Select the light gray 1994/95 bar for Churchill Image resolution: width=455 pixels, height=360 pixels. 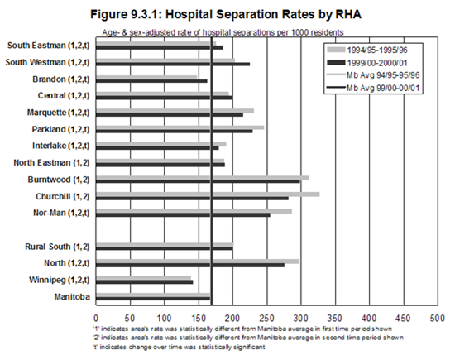208,194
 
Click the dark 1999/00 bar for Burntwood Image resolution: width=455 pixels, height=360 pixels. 198,181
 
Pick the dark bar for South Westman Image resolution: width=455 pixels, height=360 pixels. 173,65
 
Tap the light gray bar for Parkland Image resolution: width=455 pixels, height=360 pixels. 180,127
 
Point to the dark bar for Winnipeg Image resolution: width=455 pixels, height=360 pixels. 145,282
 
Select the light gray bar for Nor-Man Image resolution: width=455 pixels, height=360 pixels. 194,211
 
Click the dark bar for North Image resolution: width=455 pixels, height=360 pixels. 190,265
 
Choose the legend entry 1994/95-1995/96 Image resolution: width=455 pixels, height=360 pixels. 367,50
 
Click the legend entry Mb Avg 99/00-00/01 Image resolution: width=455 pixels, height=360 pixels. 373,88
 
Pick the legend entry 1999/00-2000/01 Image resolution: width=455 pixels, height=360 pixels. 367,63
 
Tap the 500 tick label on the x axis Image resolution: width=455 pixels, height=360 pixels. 438,319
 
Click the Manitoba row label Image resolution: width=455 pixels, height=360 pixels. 72,297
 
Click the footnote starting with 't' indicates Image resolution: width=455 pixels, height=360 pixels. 179,347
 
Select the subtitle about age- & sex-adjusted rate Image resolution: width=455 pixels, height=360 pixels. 223,32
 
